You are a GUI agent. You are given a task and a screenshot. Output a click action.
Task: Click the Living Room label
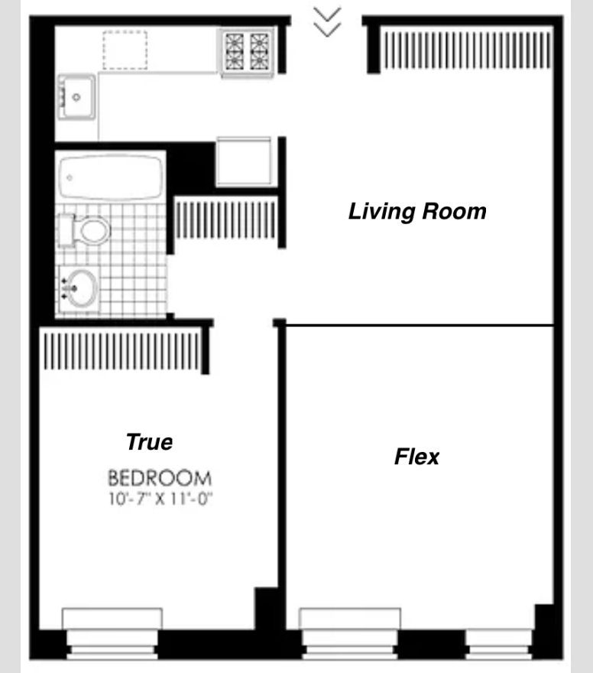(417, 212)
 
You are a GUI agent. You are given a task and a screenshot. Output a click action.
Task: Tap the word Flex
(416, 457)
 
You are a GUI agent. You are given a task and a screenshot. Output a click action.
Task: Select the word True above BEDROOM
(149, 442)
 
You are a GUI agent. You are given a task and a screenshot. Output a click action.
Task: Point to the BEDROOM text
(160, 478)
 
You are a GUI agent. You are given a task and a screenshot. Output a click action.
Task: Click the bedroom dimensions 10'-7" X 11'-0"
(160, 499)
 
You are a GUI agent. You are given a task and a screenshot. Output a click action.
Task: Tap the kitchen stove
(247, 52)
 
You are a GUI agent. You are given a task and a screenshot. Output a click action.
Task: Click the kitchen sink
(76, 97)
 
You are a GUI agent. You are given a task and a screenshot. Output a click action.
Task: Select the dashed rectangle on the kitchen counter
(125, 50)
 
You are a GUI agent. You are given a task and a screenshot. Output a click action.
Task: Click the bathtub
(111, 177)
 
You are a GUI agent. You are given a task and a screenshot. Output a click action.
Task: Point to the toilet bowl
(95, 231)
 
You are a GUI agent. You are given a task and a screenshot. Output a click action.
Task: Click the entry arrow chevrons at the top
(327, 22)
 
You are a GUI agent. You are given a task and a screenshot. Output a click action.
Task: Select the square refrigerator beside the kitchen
(244, 161)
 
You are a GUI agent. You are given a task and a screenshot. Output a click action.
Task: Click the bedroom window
(112, 633)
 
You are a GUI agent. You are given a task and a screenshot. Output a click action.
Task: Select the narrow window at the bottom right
(500, 644)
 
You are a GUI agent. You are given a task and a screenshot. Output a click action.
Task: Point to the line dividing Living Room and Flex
(420, 326)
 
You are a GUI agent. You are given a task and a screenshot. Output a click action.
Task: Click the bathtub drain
(70, 177)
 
